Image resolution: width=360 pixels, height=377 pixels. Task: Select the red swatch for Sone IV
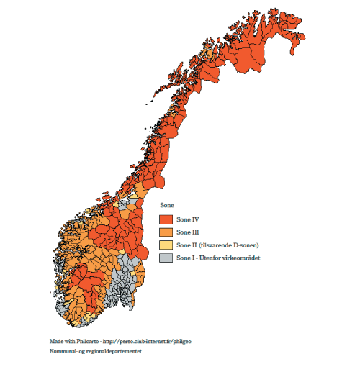click(x=165, y=219)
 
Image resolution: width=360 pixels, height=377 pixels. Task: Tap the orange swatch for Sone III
click(x=165, y=232)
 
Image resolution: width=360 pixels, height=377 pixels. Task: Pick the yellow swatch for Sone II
click(x=165, y=245)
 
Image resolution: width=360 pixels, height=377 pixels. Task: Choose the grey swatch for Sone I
click(x=165, y=258)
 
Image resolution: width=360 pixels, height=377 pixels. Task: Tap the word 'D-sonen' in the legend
click(x=246, y=245)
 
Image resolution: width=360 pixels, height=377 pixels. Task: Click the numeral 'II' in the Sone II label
click(x=192, y=245)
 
